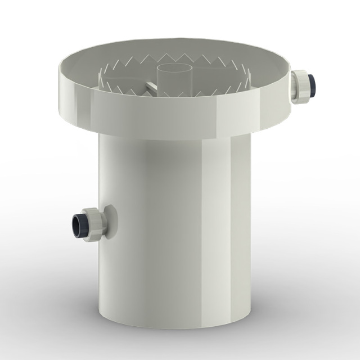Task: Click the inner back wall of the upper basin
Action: click(169, 49)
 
